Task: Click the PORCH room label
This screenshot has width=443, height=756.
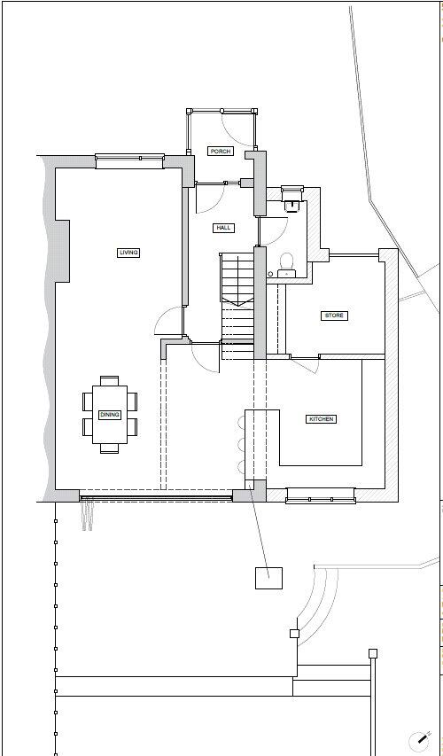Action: (220, 152)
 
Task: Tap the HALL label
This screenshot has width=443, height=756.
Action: (223, 228)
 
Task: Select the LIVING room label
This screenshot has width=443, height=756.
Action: (128, 253)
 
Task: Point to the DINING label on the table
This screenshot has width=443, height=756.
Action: (109, 415)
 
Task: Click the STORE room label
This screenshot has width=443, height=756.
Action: (333, 316)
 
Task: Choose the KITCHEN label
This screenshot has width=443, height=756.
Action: (321, 418)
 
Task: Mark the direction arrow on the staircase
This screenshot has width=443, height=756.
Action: (237, 302)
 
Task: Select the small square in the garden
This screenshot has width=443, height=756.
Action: (268, 578)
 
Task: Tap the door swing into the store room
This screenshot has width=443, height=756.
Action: (304, 365)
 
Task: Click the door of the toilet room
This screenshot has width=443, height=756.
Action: (271, 230)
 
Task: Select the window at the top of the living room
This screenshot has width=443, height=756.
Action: (129, 160)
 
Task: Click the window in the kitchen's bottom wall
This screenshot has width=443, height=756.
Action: (321, 495)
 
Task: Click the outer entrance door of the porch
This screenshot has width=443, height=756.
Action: (221, 111)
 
